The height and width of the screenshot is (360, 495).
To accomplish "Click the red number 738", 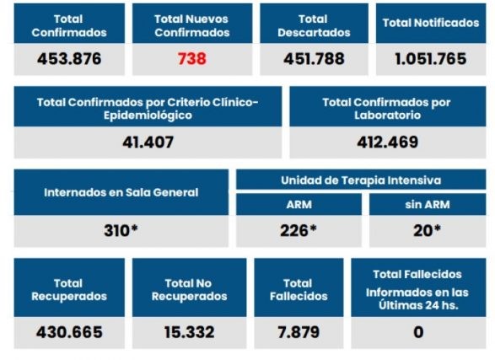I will pyautogui.click(x=191, y=60).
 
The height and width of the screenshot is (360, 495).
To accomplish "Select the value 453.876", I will pyautogui.click(x=68, y=60).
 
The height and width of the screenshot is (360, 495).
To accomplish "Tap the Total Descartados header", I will pyautogui.click(x=313, y=25).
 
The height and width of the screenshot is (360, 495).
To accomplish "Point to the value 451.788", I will pyautogui.click(x=313, y=60).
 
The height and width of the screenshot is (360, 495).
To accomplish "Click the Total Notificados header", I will pyautogui.click(x=430, y=23).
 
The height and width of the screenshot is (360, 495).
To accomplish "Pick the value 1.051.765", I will pyautogui.click(x=430, y=60).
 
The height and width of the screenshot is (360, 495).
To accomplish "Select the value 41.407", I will pyautogui.click(x=148, y=142).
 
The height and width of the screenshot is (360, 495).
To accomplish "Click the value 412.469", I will pyautogui.click(x=387, y=142).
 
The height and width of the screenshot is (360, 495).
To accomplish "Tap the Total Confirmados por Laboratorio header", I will pyautogui.click(x=387, y=108).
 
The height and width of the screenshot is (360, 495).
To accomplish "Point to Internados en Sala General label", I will pyautogui.click(x=121, y=192).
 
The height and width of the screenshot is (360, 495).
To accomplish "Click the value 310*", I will pyautogui.click(x=121, y=230).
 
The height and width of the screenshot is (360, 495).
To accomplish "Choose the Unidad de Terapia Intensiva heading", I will pyautogui.click(x=360, y=180).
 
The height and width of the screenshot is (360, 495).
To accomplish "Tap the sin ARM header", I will pyautogui.click(x=428, y=204).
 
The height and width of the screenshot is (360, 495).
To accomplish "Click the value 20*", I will pyautogui.click(x=428, y=230).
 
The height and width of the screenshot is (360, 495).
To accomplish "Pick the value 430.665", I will pyautogui.click(x=68, y=332).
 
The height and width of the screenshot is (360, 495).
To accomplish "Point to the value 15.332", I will pyautogui.click(x=189, y=332).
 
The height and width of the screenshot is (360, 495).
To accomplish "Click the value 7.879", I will pyautogui.click(x=299, y=332).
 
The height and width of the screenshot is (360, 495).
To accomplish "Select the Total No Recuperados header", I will pyautogui.click(x=189, y=289).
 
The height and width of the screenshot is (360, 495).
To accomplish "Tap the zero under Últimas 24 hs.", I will pyautogui.click(x=418, y=332).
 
